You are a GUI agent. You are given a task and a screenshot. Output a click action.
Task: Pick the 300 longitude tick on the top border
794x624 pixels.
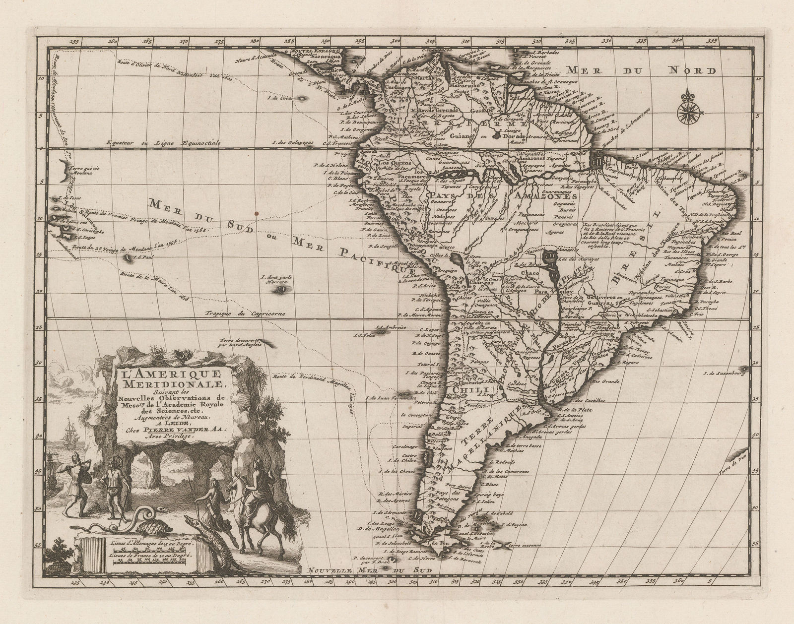396,41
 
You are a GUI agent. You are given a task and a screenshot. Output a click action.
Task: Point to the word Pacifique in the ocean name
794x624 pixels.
379,258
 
